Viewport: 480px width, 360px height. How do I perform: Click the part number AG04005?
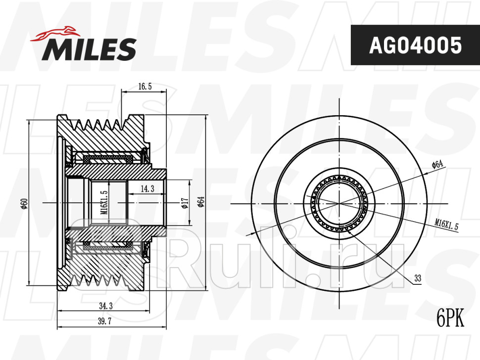(415, 45)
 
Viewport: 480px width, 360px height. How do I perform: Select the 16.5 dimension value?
(144, 87)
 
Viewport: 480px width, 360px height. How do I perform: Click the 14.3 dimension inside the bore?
(147, 188)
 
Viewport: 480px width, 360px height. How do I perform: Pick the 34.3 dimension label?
(105, 307)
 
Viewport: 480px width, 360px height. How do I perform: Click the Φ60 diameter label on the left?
(24, 203)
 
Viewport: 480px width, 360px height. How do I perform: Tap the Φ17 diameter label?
(184, 203)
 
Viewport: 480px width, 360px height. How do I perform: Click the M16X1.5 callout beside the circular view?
(447, 225)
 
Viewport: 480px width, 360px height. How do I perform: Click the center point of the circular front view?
(339, 203)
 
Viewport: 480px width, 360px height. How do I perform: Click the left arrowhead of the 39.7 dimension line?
(59, 327)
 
